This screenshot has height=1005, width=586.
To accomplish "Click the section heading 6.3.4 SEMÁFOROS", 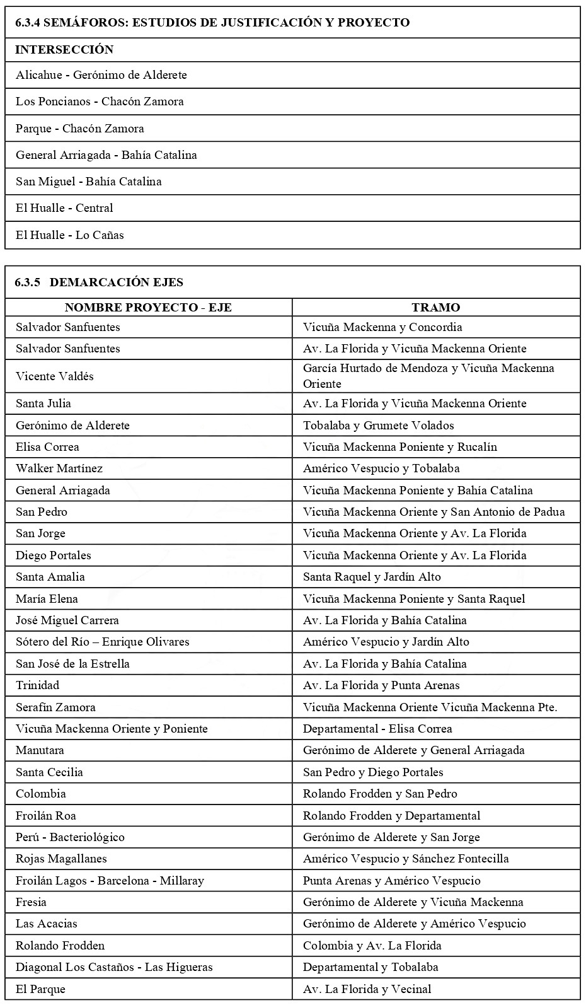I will coord(212,23).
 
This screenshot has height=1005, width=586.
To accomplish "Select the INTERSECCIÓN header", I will coord(64,50).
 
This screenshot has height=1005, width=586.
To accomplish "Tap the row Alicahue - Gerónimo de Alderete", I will coord(101,75).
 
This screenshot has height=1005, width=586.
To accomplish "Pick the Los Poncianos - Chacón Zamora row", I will coord(100,102).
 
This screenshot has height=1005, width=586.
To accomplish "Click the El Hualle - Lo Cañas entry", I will coord(70,235).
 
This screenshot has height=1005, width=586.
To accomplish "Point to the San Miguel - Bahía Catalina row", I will coord(89,182).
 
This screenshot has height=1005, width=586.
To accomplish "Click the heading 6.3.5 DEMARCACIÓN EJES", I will coord(99,282).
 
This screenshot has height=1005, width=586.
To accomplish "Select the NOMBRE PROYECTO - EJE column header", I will coord(148,308).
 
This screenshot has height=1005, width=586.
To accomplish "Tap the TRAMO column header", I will coord(435,308).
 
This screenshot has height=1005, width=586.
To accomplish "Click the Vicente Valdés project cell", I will coord(55,376).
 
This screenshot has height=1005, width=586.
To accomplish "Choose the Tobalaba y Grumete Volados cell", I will coord(378,426).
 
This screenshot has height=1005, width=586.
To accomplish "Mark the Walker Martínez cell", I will coord(59,468).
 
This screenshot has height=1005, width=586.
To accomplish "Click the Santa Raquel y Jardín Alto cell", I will coord(372,577).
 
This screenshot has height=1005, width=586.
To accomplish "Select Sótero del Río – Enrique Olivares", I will coord(103,642).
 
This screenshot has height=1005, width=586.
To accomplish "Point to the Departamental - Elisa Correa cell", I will coord(377,729).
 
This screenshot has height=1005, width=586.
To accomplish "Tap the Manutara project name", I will coord(40,750).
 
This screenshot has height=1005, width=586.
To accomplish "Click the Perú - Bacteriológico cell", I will coord(70,837).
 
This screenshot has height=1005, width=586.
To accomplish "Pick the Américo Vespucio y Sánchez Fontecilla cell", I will coord(406,859).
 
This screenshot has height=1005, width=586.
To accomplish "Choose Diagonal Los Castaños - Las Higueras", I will coord(114,967).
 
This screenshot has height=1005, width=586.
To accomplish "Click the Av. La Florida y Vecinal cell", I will coord(367,989).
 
